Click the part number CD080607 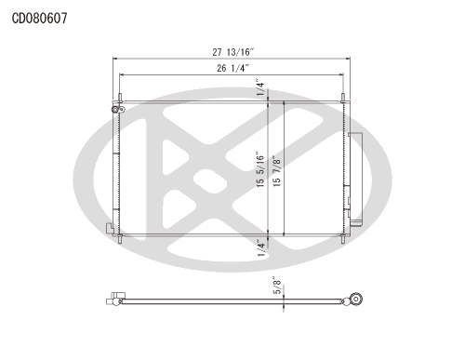click(39, 19)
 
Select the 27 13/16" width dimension click(233, 52)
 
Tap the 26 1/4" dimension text click(233, 68)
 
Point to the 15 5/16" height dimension click(260, 169)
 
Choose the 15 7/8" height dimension click(276, 171)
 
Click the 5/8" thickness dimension click(277, 286)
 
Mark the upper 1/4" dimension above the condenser click(261, 87)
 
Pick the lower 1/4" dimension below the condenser click(261, 247)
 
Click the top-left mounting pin click(120, 98)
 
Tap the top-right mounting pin click(343, 98)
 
